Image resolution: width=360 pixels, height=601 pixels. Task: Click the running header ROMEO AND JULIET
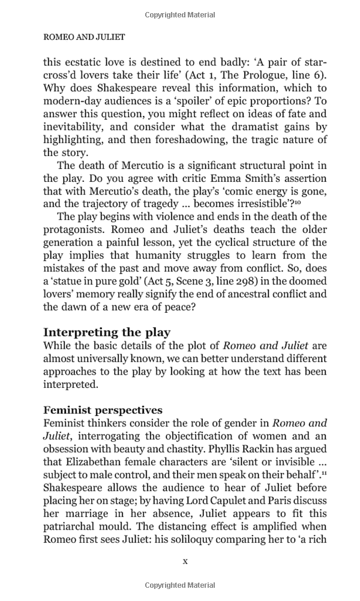[84, 37]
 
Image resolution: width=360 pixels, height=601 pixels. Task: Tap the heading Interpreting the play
[107, 332]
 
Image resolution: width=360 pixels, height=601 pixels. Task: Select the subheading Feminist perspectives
[103, 410]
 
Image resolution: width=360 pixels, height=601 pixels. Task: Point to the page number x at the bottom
[185, 561]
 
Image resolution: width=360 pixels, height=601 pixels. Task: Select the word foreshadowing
[174, 140]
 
